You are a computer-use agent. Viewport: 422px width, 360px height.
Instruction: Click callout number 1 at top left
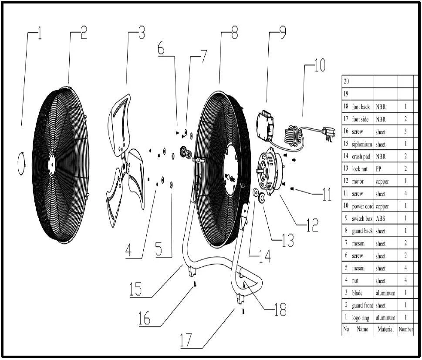(x=40, y=33)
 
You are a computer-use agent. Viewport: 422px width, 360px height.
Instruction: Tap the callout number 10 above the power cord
(x=320, y=65)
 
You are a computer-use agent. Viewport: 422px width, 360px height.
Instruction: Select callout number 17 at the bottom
(x=186, y=340)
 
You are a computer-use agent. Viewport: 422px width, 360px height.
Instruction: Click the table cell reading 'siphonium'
(x=362, y=144)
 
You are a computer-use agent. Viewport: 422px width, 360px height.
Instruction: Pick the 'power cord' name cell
(x=362, y=206)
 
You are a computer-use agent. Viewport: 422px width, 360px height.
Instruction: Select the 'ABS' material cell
(x=381, y=219)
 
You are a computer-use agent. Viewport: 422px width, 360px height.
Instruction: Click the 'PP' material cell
(x=378, y=169)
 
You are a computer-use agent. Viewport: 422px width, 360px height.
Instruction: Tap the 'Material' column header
(x=385, y=329)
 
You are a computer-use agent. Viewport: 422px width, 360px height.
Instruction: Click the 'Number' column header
(x=405, y=329)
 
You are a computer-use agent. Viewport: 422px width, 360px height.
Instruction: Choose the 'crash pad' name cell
(x=361, y=157)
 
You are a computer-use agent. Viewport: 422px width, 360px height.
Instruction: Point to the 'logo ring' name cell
(x=361, y=318)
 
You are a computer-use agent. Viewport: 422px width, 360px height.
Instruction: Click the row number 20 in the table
(x=346, y=81)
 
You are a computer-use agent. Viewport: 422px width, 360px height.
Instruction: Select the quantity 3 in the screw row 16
(x=405, y=131)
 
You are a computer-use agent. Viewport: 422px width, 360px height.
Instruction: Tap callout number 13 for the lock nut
(x=287, y=240)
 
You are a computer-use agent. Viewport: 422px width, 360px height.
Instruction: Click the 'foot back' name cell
(x=361, y=107)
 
